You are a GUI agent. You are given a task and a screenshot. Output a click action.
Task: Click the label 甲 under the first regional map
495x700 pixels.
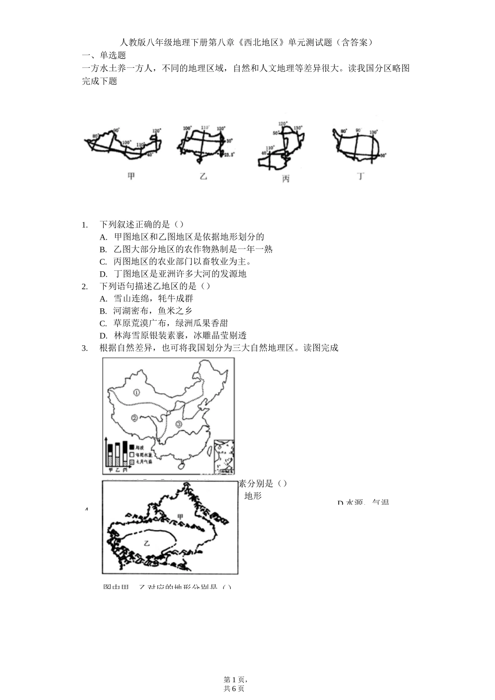click(131, 177)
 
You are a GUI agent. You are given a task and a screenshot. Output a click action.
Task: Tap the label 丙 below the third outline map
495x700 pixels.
click(286, 179)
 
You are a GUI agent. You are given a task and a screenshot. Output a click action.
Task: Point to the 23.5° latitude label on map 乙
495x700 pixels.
click(229, 154)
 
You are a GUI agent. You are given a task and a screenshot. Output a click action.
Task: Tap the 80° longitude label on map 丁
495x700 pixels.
click(343, 131)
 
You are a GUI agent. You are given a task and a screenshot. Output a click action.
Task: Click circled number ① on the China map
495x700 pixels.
click(137, 392)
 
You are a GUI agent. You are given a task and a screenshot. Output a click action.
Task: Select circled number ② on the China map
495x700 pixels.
click(134, 418)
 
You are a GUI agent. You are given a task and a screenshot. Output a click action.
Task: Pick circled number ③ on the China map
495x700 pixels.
click(179, 424)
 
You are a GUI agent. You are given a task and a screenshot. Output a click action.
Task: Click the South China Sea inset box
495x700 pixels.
click(224, 456)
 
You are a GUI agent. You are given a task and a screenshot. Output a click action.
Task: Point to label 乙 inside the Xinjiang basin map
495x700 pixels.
click(147, 543)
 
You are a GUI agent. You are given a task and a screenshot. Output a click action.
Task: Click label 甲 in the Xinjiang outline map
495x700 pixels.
click(180, 516)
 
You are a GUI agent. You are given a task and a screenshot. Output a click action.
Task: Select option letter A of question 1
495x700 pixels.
click(103, 237)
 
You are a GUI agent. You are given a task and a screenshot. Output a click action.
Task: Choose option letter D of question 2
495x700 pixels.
click(103, 335)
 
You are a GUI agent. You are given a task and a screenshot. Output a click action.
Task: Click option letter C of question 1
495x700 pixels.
click(103, 261)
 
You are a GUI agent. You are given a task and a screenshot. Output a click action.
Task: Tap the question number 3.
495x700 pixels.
click(85, 348)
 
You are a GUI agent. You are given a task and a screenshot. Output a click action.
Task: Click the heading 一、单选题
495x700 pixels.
click(104, 55)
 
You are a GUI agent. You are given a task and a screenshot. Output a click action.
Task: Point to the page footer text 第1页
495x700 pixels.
click(234, 679)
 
